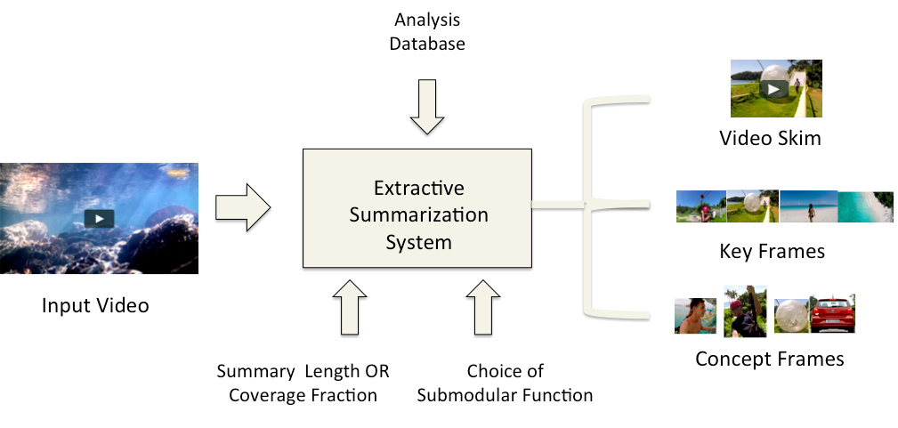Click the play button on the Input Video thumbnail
99,218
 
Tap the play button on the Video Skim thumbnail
775,88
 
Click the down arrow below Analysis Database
426,106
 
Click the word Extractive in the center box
418,189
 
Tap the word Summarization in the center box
418,215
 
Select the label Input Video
95,306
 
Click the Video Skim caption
771,139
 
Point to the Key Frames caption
772,252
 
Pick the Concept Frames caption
769,359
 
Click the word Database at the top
426,42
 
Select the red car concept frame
828,314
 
